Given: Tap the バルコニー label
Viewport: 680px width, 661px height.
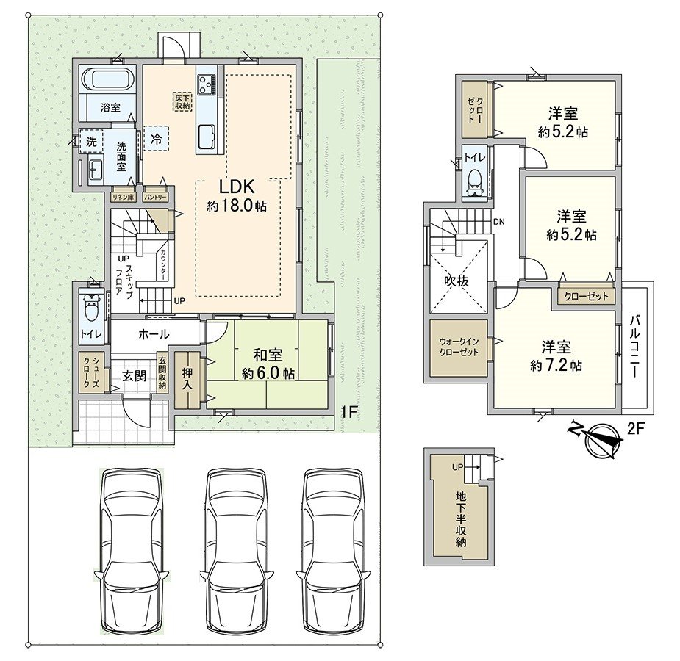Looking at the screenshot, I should click(x=635, y=345).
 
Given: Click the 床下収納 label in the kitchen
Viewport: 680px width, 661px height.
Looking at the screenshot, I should click(x=182, y=102).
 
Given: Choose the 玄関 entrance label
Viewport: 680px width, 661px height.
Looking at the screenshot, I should click(x=134, y=376).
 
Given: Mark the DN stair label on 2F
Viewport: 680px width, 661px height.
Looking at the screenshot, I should click(x=498, y=221).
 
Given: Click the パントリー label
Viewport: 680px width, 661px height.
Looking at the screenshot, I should click(x=155, y=198).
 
